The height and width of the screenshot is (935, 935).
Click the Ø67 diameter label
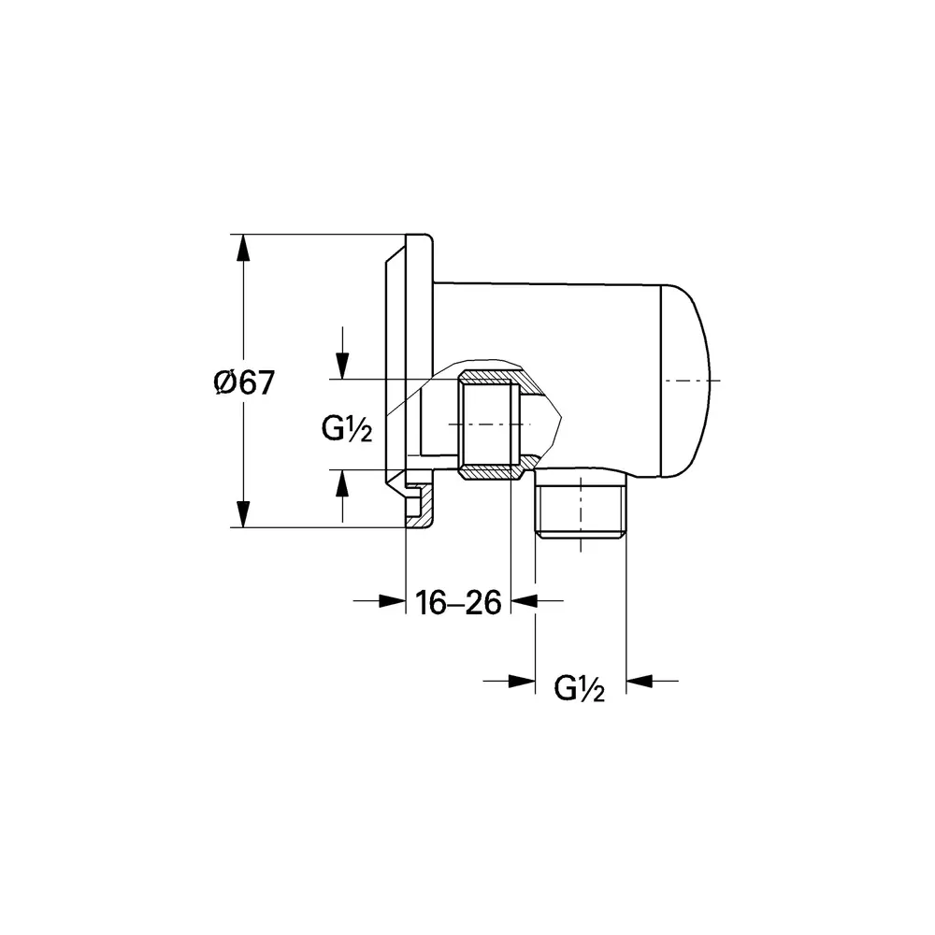[244, 382]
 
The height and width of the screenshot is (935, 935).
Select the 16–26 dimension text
[458, 602]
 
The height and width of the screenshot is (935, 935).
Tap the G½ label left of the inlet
[347, 429]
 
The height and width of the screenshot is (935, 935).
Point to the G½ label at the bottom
[580, 688]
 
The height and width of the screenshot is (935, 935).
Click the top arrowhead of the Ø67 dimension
[242, 248]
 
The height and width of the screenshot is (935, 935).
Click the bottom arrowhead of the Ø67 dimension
[242, 514]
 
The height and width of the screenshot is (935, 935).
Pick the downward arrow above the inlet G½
[342, 353]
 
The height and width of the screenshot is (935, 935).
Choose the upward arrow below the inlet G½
[342, 496]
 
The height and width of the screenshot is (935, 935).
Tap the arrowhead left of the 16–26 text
[392, 601]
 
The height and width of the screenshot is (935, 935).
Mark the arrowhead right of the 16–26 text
[525, 601]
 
